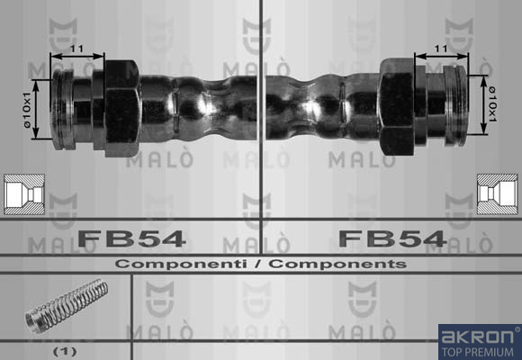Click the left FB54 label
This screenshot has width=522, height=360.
click(x=131, y=238)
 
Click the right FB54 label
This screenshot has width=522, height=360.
click(x=392, y=238)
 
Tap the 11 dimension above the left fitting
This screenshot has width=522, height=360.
click(x=76, y=49)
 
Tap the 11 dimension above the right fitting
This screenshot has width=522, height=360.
click(x=441, y=49)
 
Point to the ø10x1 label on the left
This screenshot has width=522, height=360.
click(x=27, y=110)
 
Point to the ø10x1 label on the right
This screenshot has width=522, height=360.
click(x=492, y=104)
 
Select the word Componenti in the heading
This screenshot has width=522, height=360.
click(x=181, y=264)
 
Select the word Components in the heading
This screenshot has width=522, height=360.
click(x=337, y=264)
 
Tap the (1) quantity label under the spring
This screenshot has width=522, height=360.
click(x=65, y=351)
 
